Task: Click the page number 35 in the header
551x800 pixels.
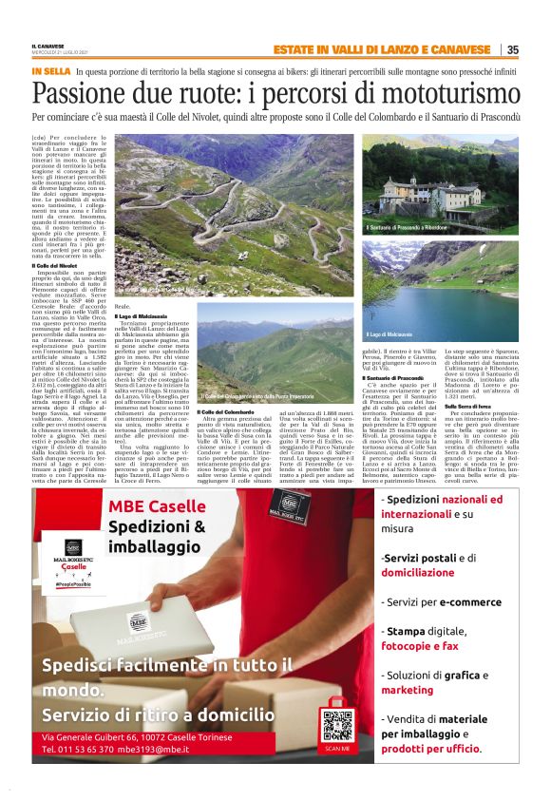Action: click(x=512, y=50)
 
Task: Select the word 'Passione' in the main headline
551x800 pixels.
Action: click(x=83, y=93)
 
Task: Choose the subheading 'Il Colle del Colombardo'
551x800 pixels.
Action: click(x=224, y=410)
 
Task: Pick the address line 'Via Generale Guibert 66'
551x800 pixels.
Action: click(x=95, y=735)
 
